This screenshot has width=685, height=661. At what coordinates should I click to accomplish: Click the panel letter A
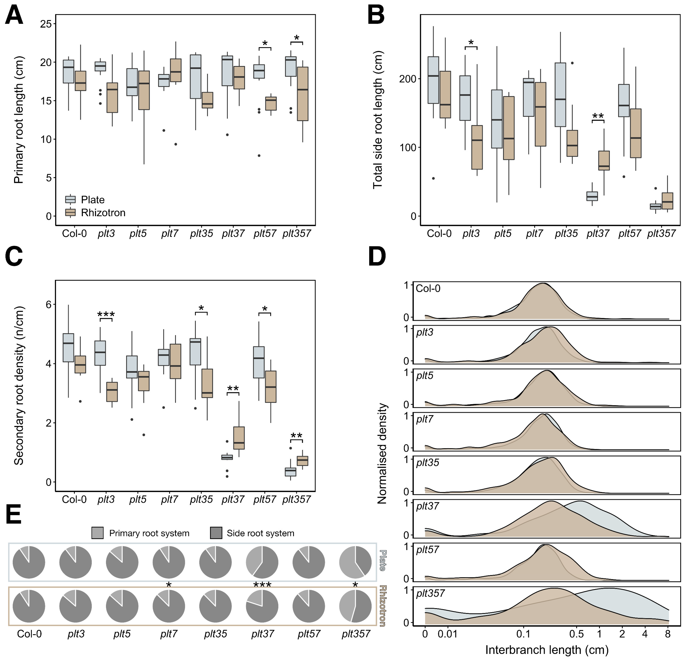click(x=14, y=16)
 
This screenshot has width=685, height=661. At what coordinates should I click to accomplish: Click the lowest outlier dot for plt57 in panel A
click(x=259, y=156)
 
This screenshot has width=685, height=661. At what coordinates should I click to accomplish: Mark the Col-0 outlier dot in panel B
click(x=433, y=178)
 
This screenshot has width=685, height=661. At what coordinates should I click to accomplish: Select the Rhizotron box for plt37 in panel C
click(x=239, y=438)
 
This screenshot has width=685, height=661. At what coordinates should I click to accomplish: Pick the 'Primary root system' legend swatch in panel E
click(x=98, y=533)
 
